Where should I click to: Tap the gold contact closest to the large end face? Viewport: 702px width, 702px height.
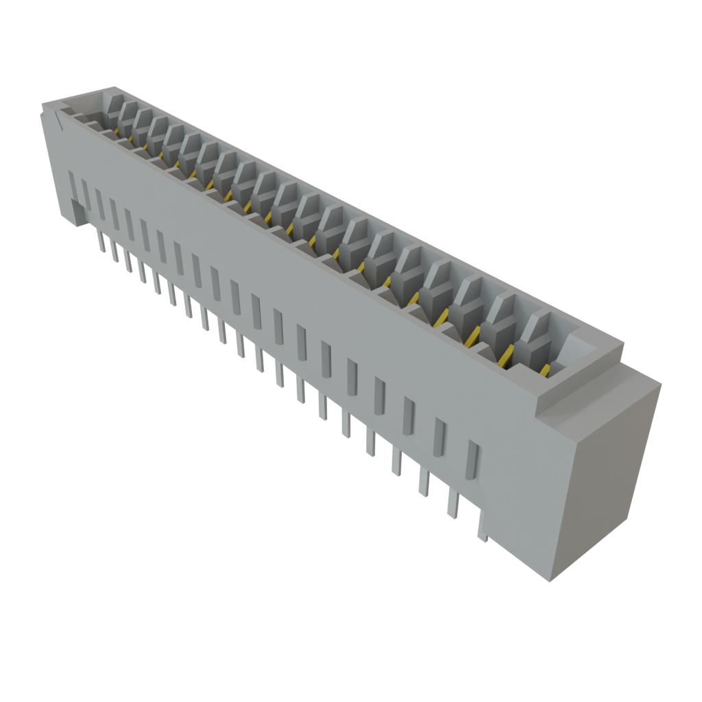coord(545,371)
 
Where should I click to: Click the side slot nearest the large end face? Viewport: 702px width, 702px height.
coord(471,460)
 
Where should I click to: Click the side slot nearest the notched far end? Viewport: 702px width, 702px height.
coord(73,185)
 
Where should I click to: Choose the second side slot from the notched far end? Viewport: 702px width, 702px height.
coord(85,193)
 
